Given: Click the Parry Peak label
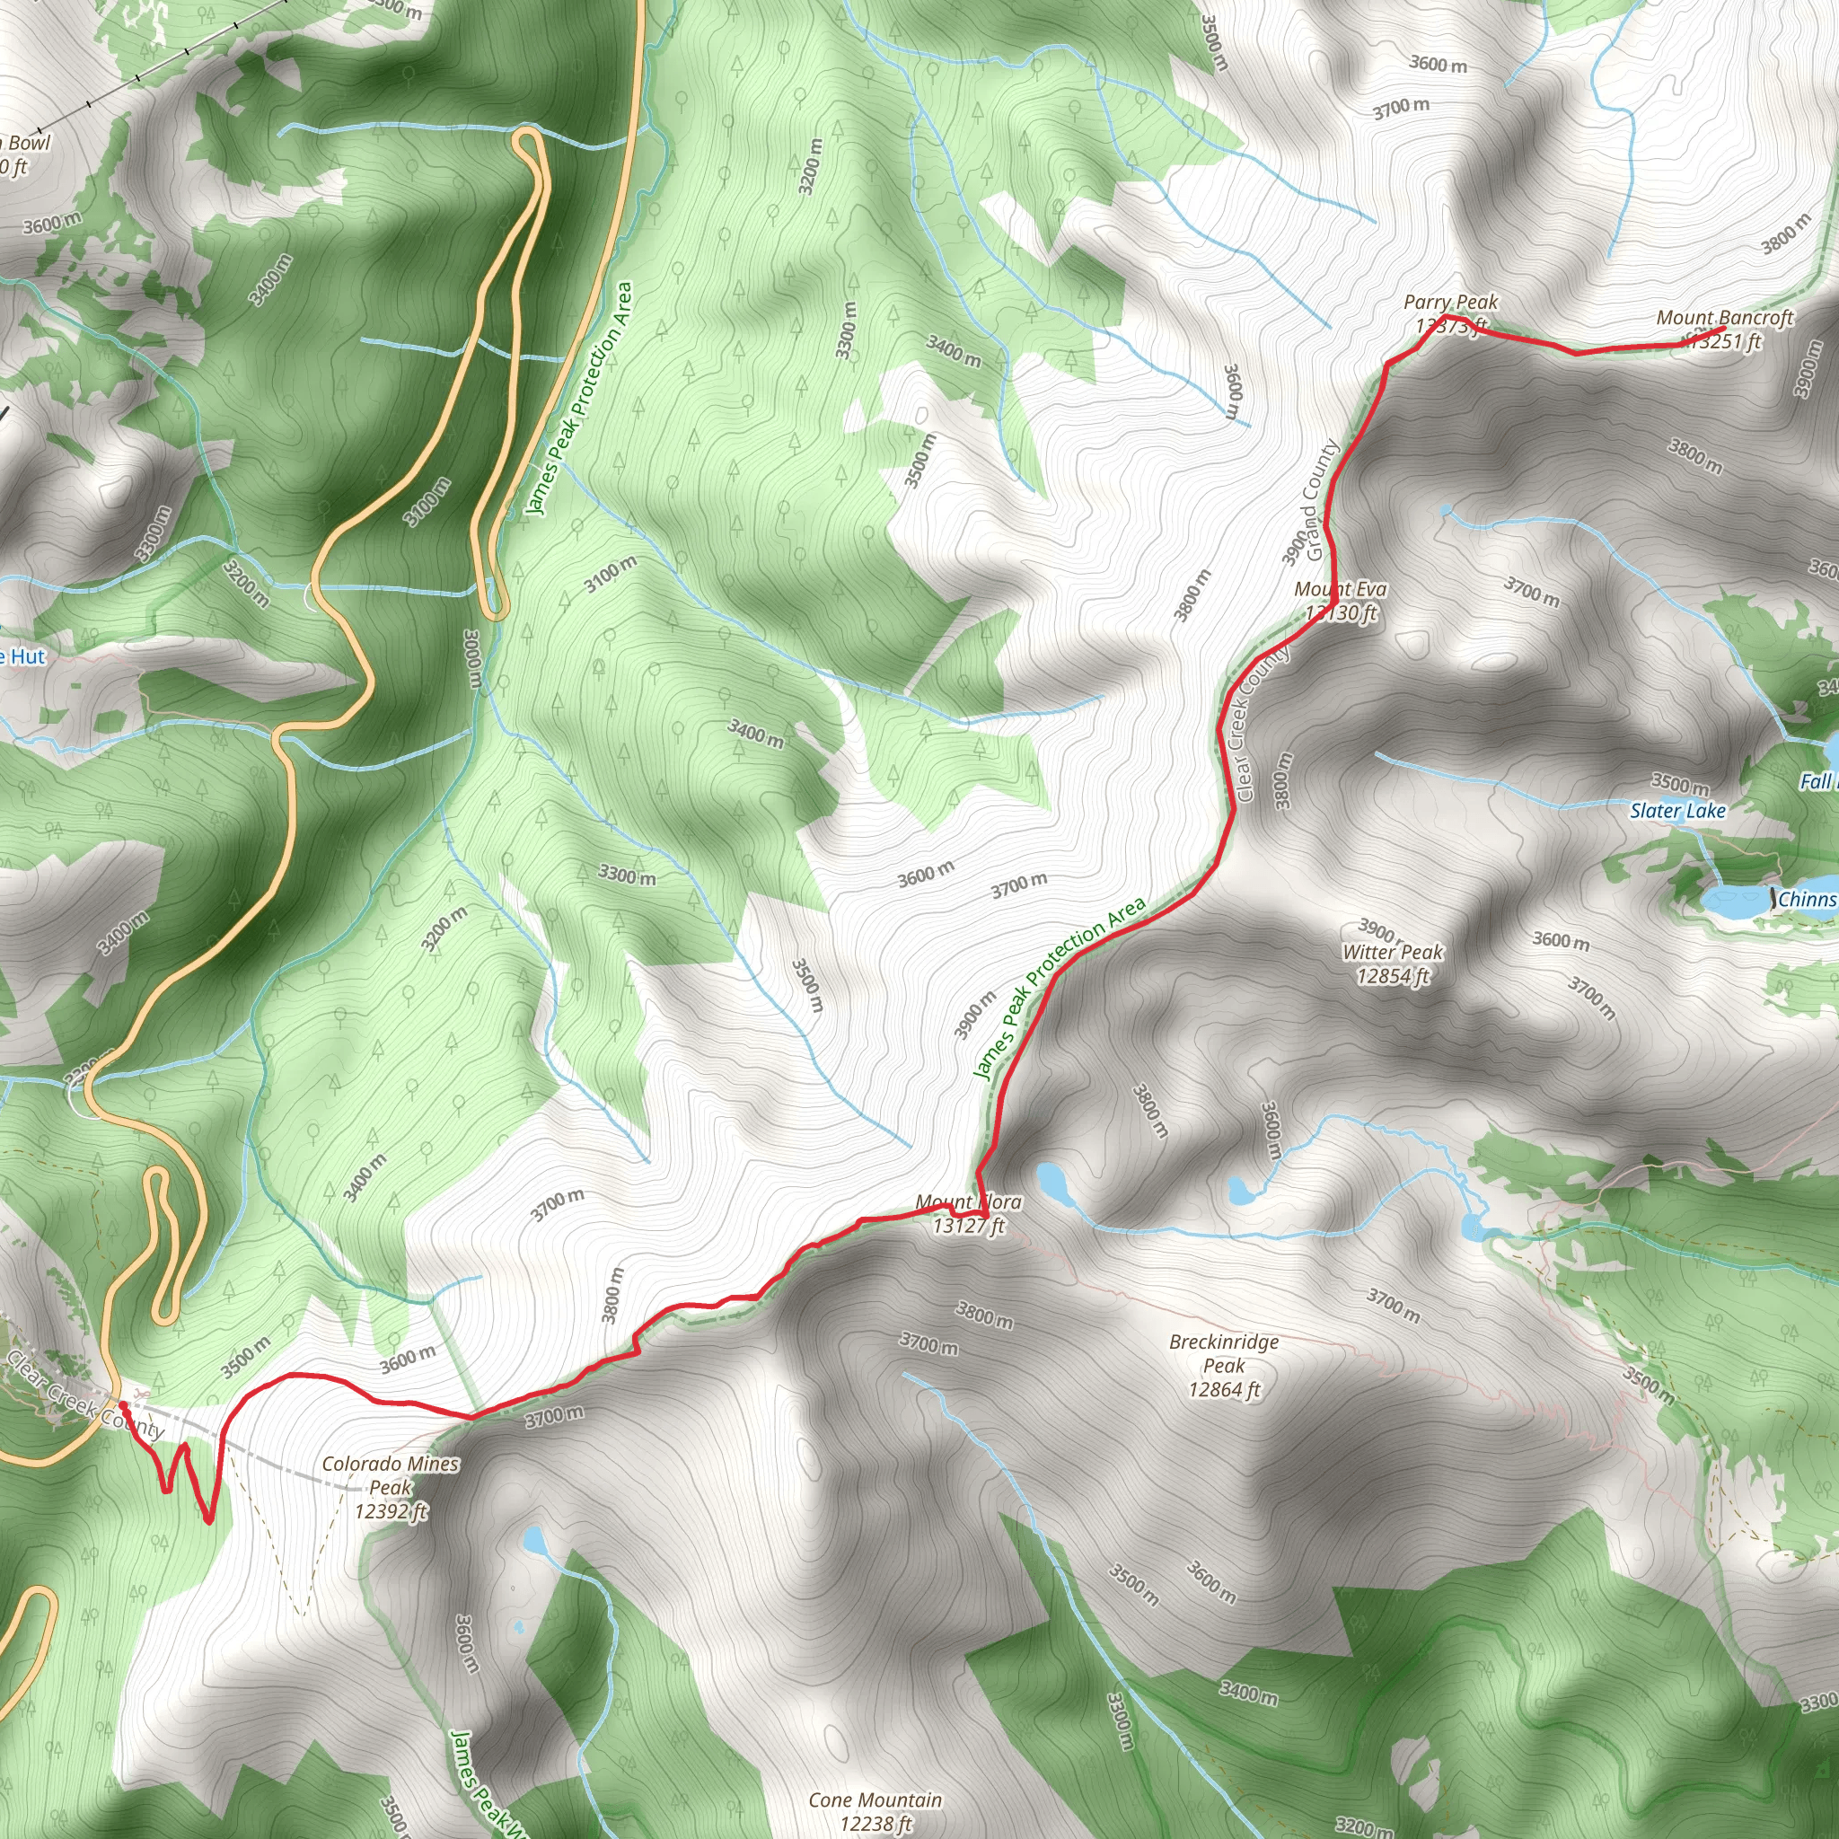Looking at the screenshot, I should click(1451, 302).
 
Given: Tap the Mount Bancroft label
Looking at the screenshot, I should click(1725, 317).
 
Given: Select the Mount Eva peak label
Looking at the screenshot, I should click(1341, 589).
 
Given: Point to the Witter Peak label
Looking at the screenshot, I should click(1393, 952).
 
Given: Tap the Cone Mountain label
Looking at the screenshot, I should click(875, 1800).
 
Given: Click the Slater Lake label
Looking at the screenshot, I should click(1677, 811).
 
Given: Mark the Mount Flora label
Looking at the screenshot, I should click(968, 1202).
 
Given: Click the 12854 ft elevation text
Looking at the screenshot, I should click(1393, 976).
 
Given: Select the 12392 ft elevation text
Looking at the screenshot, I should click(391, 1510).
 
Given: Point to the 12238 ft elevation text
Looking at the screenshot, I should click(875, 1824).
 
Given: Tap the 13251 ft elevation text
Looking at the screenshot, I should click(1725, 340).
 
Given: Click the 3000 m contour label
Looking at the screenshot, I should click(473, 657).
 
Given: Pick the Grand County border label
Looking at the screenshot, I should click(1322, 500).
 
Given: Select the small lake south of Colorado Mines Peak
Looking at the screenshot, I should click(534, 1539).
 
